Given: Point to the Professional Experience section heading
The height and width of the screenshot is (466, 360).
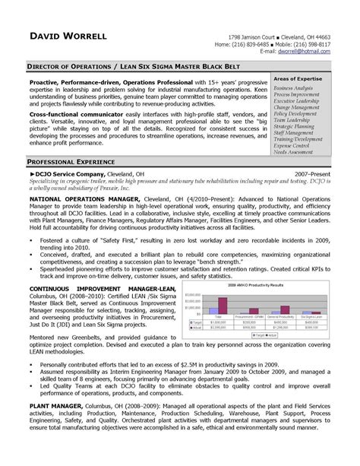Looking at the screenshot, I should point(69,142).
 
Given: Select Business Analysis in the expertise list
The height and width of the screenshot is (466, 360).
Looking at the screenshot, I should point(294,88).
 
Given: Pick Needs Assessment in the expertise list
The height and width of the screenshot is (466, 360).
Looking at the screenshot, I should point(294,132).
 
